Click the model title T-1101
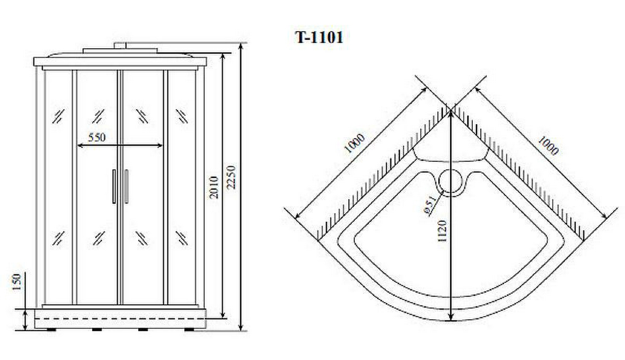tap(319, 37)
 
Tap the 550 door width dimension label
tap(97, 137)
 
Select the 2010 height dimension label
tap(214, 187)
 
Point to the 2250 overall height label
tap(231, 177)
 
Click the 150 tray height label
tap(17, 282)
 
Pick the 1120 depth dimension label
tap(442, 231)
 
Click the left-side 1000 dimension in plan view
tap(354, 144)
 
